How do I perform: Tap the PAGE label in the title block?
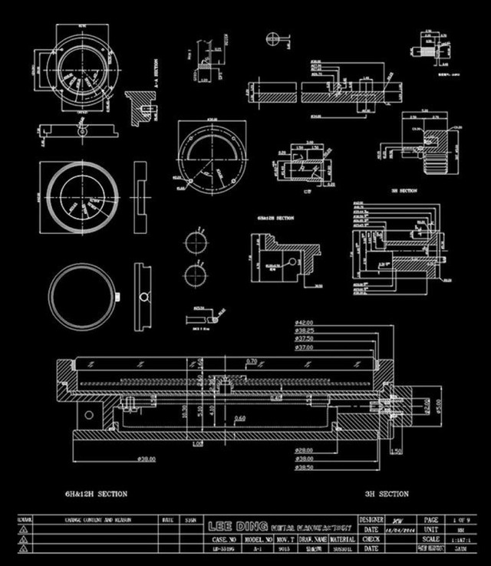pos(431,519)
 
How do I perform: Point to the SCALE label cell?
pos(431,539)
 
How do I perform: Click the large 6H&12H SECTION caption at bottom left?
pos(96,494)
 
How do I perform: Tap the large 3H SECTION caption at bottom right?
pos(387,494)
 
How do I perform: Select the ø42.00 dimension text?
pos(305,322)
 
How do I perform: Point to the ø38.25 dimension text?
pos(305,331)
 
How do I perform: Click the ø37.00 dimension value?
pos(305,347)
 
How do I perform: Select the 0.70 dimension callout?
pos(252,360)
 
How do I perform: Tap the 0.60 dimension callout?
pos(240,419)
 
